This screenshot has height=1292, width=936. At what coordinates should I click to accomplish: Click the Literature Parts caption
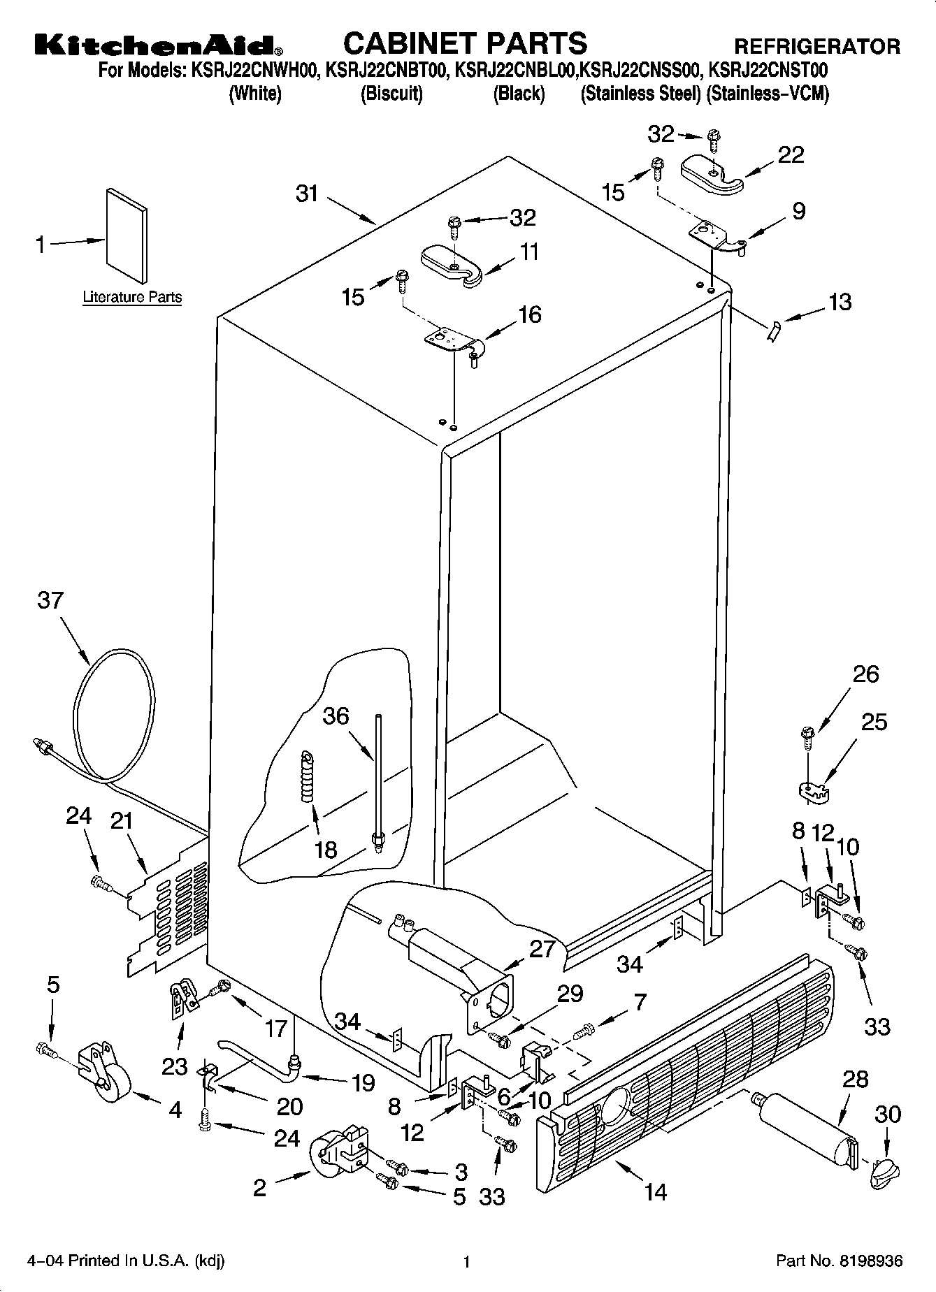coord(132,297)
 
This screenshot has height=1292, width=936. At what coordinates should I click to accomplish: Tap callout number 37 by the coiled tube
coord(50,600)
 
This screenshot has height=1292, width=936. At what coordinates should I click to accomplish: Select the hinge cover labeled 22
coord(712,174)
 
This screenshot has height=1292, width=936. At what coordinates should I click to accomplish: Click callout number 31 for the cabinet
coord(307,194)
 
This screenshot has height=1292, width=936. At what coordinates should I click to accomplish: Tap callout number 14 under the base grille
coord(656,1191)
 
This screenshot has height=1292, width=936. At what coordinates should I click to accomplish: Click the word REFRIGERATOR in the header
coord(816,46)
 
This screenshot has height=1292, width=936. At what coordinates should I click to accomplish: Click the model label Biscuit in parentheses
coord(391,94)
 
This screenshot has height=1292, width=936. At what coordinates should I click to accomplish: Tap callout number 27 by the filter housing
coord(542,949)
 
